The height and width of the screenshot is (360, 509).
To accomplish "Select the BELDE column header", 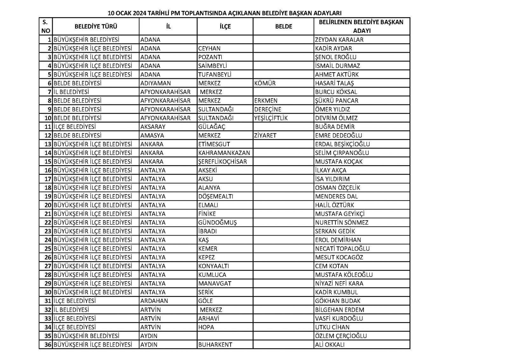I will click(283, 26).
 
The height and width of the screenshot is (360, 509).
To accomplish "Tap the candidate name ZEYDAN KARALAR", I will click(339, 40).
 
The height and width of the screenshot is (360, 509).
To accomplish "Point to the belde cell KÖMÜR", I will click(265, 83).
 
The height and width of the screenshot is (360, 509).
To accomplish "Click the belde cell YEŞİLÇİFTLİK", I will click(271, 118).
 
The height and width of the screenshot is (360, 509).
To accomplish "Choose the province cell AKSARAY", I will click(153, 127).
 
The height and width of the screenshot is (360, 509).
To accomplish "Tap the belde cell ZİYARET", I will click(265, 135).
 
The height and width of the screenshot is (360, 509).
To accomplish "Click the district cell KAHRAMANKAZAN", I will click(224, 153).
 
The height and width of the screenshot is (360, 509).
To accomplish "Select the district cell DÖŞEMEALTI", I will click(215, 196).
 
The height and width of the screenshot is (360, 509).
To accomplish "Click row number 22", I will click(48, 222).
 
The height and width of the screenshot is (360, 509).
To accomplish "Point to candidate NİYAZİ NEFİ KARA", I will click(339, 283).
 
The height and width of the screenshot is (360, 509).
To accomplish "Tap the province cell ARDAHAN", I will click(154, 301).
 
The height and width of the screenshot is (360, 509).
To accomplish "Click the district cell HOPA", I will click(206, 327).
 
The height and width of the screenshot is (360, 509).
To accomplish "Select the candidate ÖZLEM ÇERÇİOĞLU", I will click(341, 336).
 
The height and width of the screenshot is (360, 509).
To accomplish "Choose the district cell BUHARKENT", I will click(215, 344).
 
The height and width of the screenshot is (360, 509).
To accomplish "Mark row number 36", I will click(48, 344).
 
